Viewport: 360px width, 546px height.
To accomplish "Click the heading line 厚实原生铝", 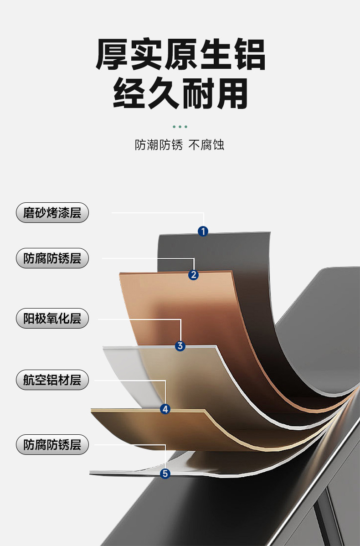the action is pyautogui.click(x=180, y=55).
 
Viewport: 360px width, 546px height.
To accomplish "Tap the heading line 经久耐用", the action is pyautogui.click(x=180, y=93).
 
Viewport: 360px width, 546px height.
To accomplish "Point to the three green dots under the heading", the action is pyautogui.click(x=180, y=126).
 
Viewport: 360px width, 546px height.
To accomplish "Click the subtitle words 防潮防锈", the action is pyautogui.click(x=159, y=145).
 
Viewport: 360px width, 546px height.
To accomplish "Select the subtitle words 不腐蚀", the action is pyautogui.click(x=206, y=145).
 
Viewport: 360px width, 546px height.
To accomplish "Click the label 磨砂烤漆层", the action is pyautogui.click(x=52, y=212).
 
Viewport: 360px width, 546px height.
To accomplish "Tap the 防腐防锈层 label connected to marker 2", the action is pyautogui.click(x=52, y=258).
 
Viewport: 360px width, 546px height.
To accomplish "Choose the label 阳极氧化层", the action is pyautogui.click(x=52, y=318).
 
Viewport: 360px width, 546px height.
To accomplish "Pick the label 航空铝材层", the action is pyautogui.click(x=52, y=380).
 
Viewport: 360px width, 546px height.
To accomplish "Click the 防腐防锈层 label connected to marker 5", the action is pyautogui.click(x=52, y=444).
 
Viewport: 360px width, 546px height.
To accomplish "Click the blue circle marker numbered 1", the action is pyautogui.click(x=203, y=231).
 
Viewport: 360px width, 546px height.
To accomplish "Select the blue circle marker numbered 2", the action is pyautogui.click(x=194, y=274).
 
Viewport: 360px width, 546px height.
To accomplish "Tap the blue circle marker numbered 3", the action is pyautogui.click(x=180, y=346).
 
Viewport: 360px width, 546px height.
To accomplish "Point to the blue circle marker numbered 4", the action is pyautogui.click(x=165, y=409).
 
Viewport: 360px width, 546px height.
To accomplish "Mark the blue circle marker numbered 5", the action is pyautogui.click(x=165, y=474).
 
